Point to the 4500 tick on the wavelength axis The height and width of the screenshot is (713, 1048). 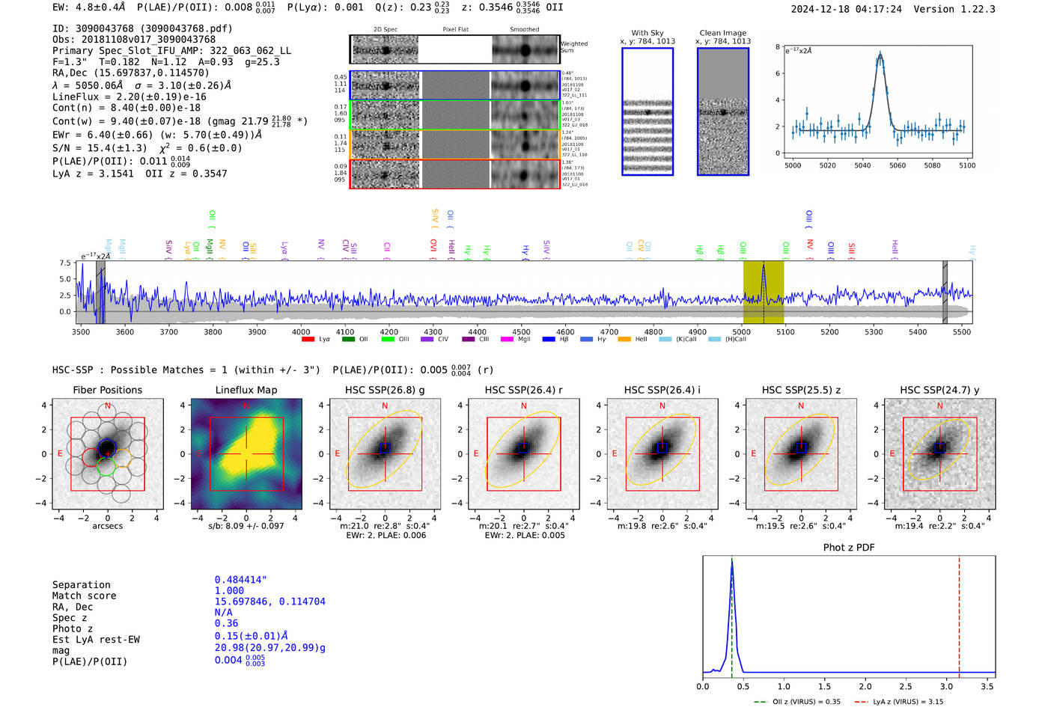click(x=521, y=331)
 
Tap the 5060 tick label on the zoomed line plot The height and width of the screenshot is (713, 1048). click(x=898, y=165)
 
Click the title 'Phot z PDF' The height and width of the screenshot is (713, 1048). click(x=848, y=548)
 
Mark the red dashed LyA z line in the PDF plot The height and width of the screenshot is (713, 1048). click(x=959, y=613)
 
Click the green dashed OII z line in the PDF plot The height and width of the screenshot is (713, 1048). click(x=731, y=613)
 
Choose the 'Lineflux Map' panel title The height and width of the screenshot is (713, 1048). click(x=246, y=390)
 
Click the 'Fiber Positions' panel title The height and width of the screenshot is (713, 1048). click(x=107, y=390)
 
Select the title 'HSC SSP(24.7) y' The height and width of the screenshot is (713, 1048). click(x=939, y=390)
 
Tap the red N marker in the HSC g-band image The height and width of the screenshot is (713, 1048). click(x=385, y=406)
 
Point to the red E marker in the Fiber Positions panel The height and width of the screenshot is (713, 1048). click(x=60, y=454)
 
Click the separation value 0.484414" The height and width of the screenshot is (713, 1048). click(x=240, y=581)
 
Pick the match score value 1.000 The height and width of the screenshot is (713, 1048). click(x=229, y=591)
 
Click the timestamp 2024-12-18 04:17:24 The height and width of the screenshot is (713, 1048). click(x=846, y=10)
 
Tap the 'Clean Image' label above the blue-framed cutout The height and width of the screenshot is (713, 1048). click(x=722, y=33)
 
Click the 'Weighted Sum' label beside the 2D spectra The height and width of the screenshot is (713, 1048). click(x=573, y=47)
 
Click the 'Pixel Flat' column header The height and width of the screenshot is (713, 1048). click(x=455, y=29)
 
